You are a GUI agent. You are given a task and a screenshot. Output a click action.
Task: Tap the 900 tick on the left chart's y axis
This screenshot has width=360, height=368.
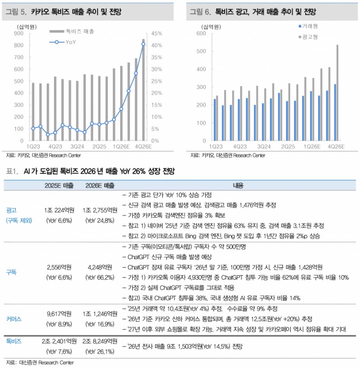pos(19,34)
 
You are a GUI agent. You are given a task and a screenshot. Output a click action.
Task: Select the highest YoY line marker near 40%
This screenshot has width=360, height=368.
pos(143,44)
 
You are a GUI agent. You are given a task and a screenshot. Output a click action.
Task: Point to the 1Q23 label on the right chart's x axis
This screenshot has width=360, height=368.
pos(215,147)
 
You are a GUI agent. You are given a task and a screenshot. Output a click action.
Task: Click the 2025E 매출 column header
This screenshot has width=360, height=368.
pos(59,186)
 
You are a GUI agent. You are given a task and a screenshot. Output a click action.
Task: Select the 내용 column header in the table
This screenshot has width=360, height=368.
pos(238,186)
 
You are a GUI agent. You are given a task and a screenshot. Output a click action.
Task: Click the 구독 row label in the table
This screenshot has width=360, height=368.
pos(12,273)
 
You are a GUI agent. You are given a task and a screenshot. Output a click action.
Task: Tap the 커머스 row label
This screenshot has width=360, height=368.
pos(14,319)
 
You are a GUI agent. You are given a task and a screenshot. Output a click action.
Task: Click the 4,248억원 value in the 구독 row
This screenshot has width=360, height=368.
pos(99,267)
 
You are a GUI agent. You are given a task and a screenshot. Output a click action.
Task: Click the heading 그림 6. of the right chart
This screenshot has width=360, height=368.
pos(200,12)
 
